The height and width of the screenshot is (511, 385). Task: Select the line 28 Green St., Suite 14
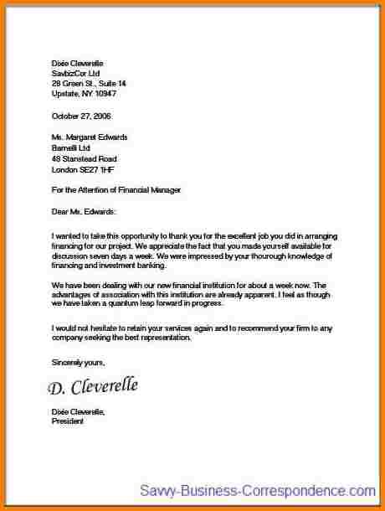pos(89,84)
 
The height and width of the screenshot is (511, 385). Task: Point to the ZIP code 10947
pos(99,94)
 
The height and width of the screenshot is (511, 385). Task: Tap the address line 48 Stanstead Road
pos(84,157)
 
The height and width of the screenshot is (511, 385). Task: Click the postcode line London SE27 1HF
pos(84,168)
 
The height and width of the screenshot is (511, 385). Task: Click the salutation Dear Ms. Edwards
pos(85,211)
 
